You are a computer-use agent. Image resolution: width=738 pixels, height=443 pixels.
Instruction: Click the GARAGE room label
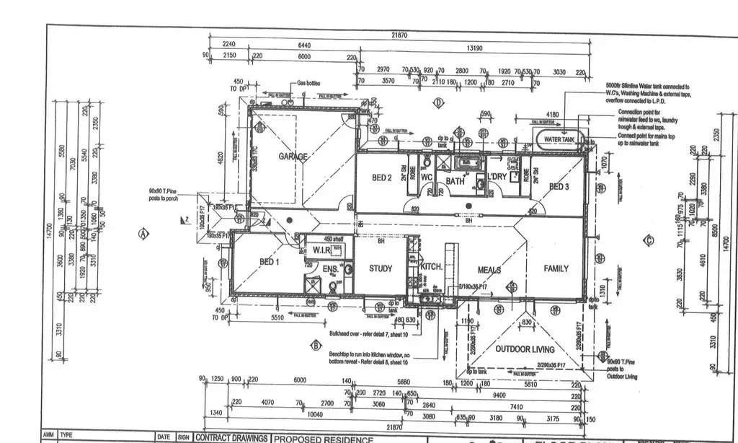point(294,157)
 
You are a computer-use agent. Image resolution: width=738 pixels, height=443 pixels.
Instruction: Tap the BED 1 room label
point(268,262)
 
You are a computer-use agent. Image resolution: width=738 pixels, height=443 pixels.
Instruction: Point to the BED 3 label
point(560,187)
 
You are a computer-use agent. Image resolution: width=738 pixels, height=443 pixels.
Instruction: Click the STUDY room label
point(381,268)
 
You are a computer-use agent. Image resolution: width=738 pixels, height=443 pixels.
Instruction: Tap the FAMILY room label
point(556,268)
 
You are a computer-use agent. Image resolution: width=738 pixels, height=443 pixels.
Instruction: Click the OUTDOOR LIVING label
point(525,350)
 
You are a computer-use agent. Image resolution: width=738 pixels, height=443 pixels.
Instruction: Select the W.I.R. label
point(321,250)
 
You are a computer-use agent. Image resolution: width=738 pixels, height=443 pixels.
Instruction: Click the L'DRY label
point(497,177)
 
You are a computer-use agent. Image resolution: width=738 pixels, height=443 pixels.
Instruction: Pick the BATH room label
point(455,180)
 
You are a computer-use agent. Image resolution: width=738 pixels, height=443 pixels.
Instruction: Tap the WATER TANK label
point(559,139)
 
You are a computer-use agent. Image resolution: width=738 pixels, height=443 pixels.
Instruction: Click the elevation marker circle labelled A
point(143,233)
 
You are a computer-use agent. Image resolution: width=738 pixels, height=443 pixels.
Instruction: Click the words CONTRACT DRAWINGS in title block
point(232,438)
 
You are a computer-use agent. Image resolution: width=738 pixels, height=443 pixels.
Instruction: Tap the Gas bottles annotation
point(308,83)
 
